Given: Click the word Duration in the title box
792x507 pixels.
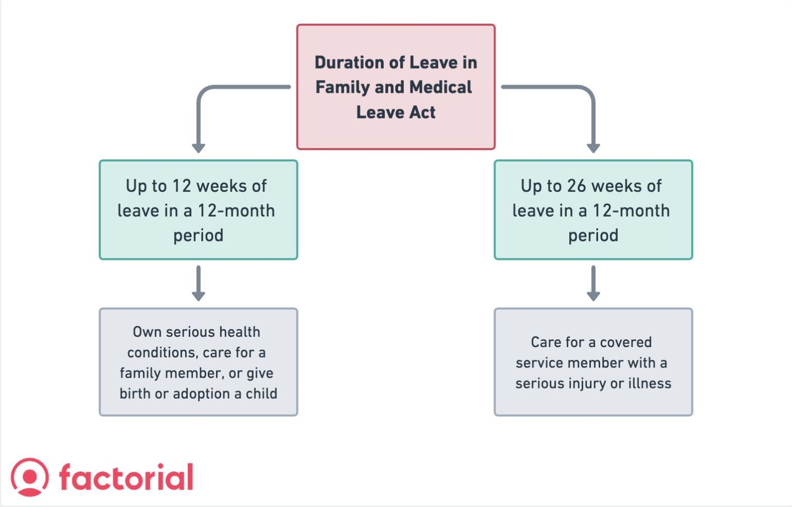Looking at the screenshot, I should pos(349,62).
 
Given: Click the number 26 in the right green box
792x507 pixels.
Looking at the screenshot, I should pos(577,186).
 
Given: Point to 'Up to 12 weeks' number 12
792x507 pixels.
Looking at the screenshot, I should pos(181,186).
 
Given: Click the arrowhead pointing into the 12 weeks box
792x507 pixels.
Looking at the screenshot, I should pos(199,148).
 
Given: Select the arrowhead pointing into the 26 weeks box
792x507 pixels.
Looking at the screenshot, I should pos(593,148).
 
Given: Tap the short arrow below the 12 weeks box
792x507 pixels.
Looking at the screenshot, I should pos(199,284).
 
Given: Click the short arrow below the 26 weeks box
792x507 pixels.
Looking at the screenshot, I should pos(593,284).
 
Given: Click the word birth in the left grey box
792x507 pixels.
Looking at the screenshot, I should pos(135,394).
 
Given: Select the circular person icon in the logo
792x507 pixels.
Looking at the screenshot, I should pos(30,477).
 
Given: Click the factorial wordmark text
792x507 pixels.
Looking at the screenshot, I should pos(126,477).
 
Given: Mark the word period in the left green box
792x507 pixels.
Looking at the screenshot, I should pos(199,236).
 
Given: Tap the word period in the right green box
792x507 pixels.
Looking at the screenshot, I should pos(593,236).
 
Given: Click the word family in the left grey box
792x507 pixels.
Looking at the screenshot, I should pos(138,373).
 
